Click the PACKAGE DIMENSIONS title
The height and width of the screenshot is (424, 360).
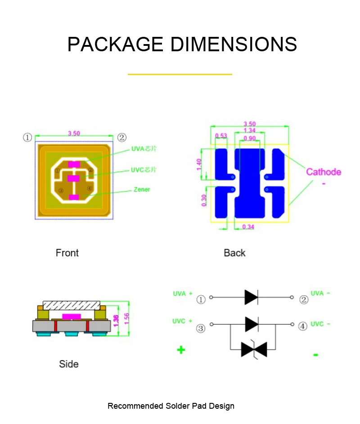(x=182, y=45)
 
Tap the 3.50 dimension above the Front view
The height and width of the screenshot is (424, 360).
(x=74, y=133)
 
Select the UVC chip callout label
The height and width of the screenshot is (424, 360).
(x=144, y=170)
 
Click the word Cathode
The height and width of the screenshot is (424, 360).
(x=324, y=172)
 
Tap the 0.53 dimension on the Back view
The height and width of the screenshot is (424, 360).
(x=221, y=136)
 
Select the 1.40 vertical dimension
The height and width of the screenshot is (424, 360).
(x=199, y=164)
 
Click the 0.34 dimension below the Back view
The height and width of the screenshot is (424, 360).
(x=248, y=227)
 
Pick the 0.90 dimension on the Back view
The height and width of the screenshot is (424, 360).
(x=250, y=138)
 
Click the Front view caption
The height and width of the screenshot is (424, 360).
(x=67, y=253)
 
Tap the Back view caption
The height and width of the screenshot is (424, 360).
(x=234, y=253)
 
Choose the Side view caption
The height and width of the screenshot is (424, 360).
(x=69, y=364)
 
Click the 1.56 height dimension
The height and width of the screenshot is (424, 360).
(x=126, y=318)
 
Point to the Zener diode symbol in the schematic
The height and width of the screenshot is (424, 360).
(x=254, y=349)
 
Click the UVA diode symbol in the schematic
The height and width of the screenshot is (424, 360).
(x=251, y=297)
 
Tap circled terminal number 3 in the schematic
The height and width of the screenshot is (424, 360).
(x=201, y=328)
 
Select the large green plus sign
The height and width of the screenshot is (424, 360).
(x=181, y=350)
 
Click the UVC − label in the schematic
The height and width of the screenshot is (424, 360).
(x=320, y=324)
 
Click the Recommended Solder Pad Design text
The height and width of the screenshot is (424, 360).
(x=171, y=406)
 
